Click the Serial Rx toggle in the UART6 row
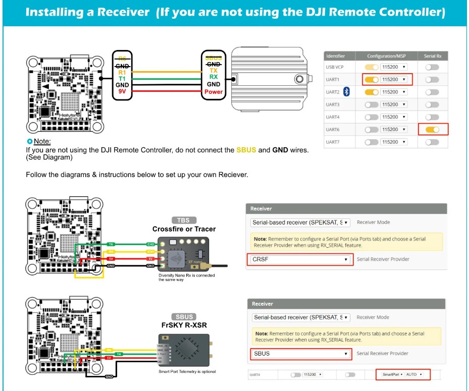coord(432,130)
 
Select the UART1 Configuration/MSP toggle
coord(372,79)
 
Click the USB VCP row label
coord(336,67)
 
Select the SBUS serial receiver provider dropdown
coord(300,354)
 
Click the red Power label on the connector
coord(214,92)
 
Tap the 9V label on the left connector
coord(122,92)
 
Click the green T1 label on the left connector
coord(122,79)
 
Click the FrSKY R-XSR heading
coord(184,325)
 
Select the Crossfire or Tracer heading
coord(184,229)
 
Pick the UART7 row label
coord(333,142)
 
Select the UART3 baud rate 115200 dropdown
coord(394,104)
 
